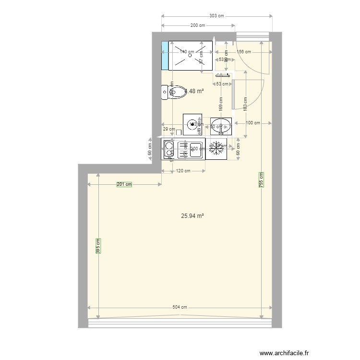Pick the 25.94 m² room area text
(x=192, y=216)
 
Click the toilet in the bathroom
(x=175, y=92)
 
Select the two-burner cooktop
(x=169, y=149)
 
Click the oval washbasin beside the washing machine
(x=222, y=127)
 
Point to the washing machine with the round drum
(x=193, y=124)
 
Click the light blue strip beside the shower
(x=165, y=56)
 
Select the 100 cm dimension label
(x=253, y=123)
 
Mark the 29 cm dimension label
(x=168, y=129)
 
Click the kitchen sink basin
(x=195, y=149)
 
